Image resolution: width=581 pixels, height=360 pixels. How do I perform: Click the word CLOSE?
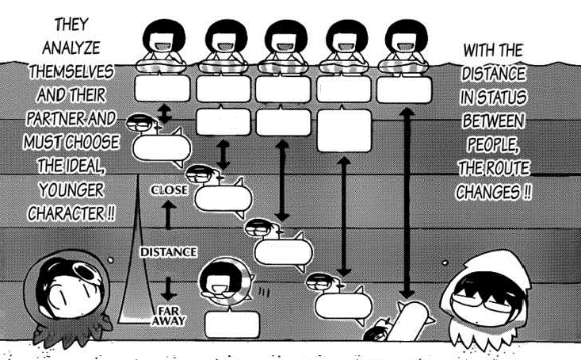[x=170, y=190]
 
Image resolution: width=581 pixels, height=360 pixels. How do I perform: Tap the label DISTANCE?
[x=169, y=252]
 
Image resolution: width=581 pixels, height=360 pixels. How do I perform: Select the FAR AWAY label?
[x=169, y=316]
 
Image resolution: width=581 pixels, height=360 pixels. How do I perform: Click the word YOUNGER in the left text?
[x=71, y=190]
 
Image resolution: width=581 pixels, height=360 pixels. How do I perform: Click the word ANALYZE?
[x=71, y=48]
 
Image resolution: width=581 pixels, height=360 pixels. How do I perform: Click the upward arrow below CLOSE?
[x=169, y=215]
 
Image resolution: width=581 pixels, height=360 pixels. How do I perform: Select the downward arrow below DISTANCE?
[x=169, y=289]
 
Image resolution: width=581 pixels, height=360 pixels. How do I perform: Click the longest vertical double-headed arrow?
[x=407, y=204]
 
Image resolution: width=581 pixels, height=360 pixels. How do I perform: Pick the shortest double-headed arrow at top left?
[x=164, y=113]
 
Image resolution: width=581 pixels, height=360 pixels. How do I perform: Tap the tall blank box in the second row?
[x=344, y=131]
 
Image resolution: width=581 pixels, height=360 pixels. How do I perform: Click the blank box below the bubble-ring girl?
[x=232, y=324]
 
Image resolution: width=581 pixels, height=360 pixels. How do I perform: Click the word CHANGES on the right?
[x=488, y=193]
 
